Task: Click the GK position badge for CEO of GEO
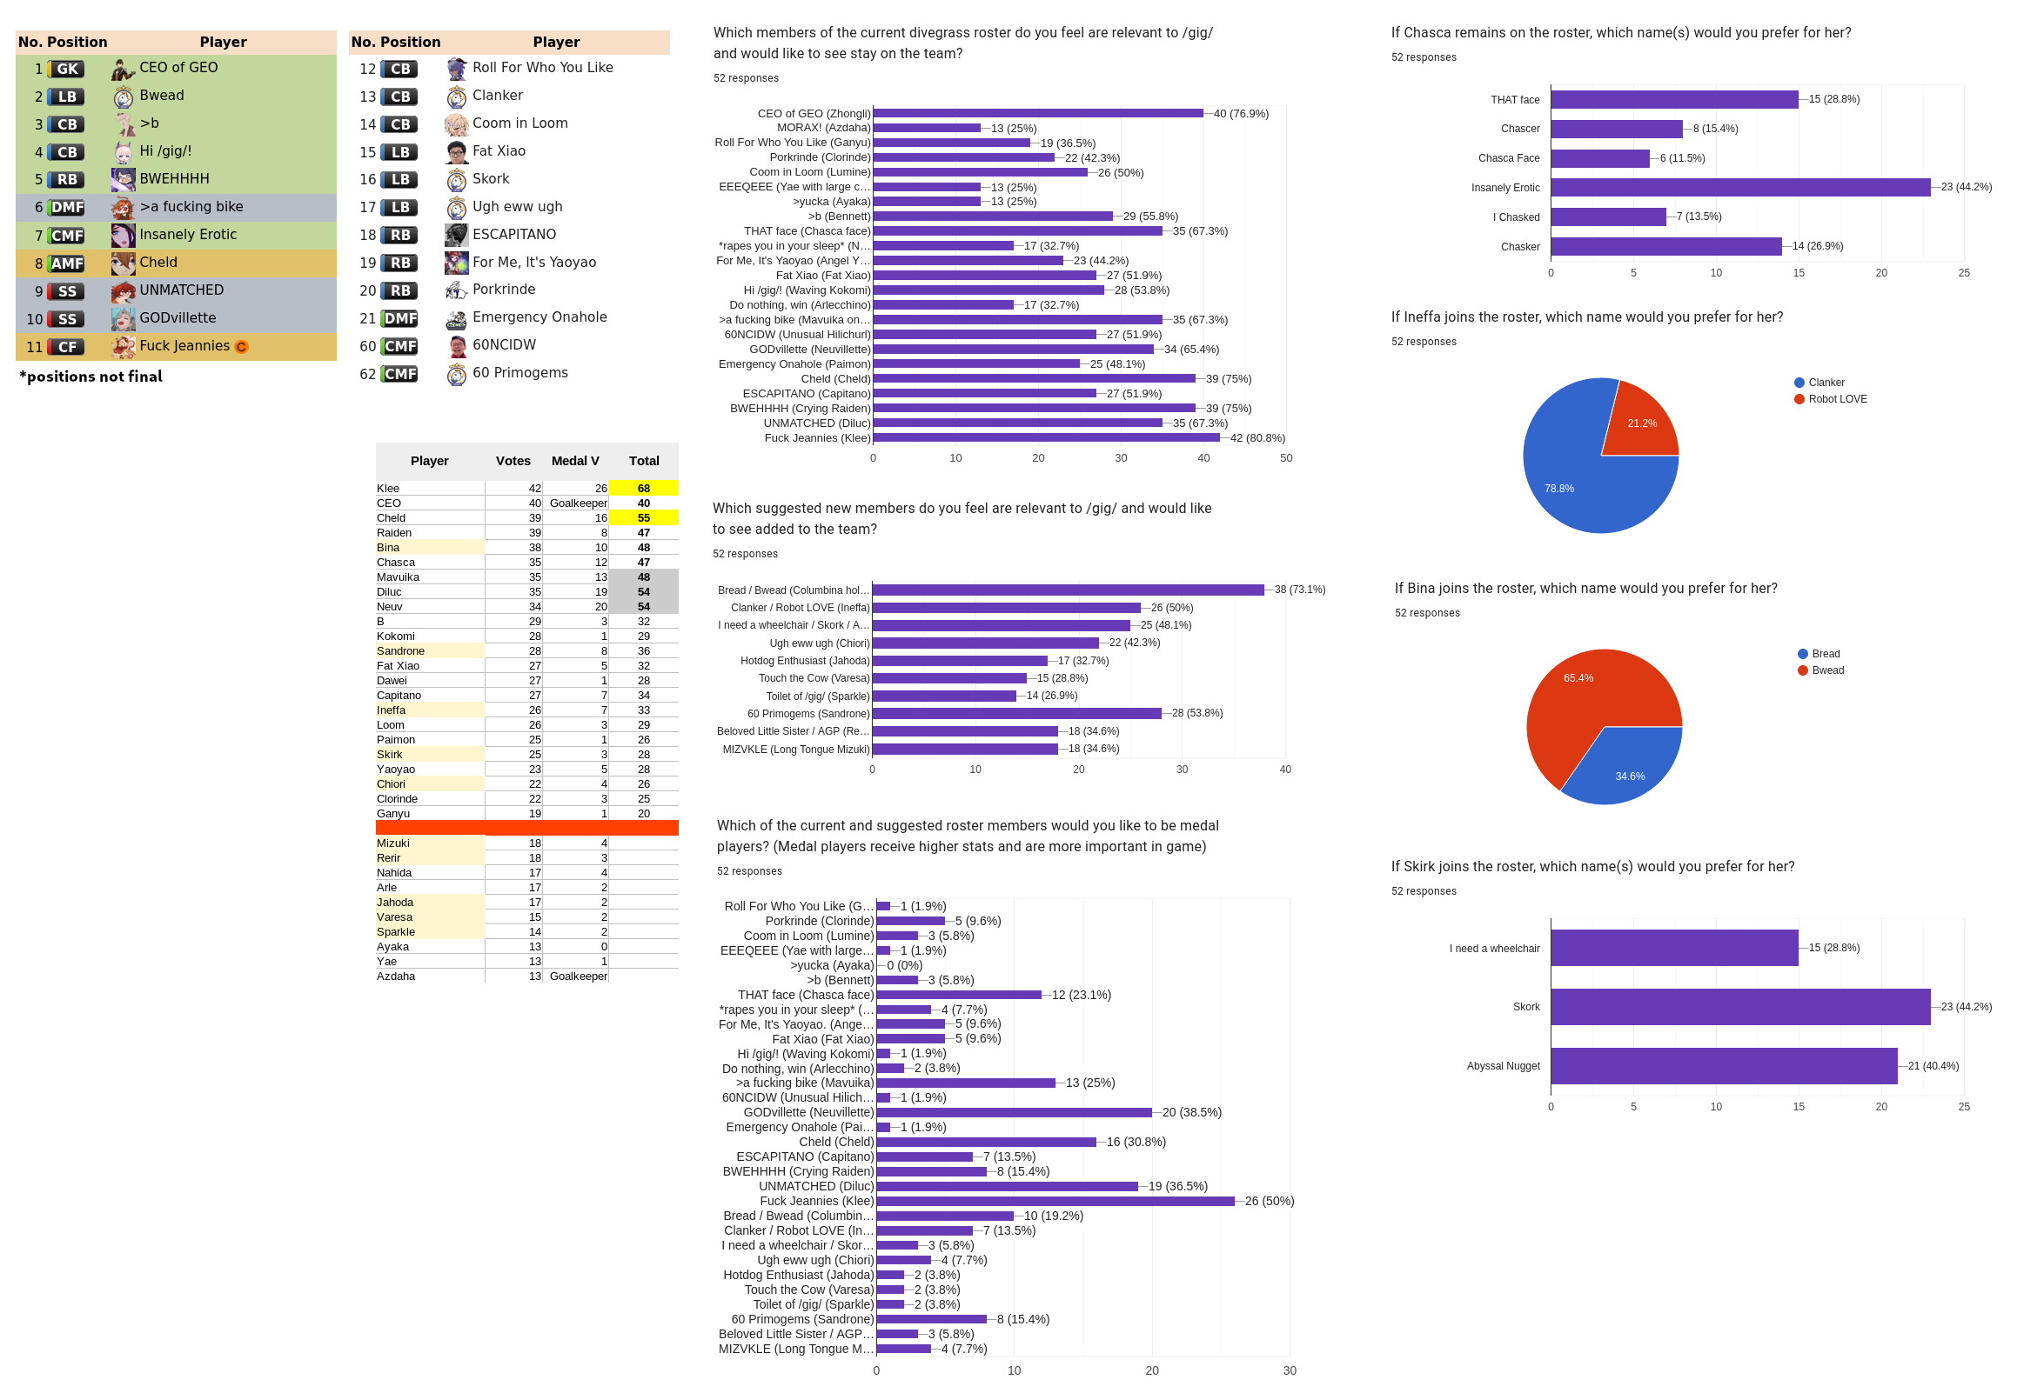[66, 69]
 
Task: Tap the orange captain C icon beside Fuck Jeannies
[242, 347]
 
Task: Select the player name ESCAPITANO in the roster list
[514, 235]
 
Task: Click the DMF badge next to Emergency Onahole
[401, 318]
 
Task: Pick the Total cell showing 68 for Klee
[644, 489]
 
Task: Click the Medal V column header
[575, 461]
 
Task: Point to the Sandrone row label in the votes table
[401, 651]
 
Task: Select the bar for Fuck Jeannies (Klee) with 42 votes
[1045, 438]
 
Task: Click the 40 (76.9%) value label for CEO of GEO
[1241, 114]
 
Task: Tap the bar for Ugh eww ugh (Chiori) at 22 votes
[985, 643]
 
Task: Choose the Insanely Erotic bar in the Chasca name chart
[1739, 188]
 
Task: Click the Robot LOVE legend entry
[1837, 400]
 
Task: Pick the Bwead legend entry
[1827, 671]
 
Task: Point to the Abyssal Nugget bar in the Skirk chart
[1724, 1067]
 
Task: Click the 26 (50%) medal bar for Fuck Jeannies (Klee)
[1055, 1202]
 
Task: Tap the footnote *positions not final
[90, 377]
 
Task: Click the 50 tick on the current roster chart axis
[1286, 458]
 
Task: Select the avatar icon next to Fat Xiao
[457, 152]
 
